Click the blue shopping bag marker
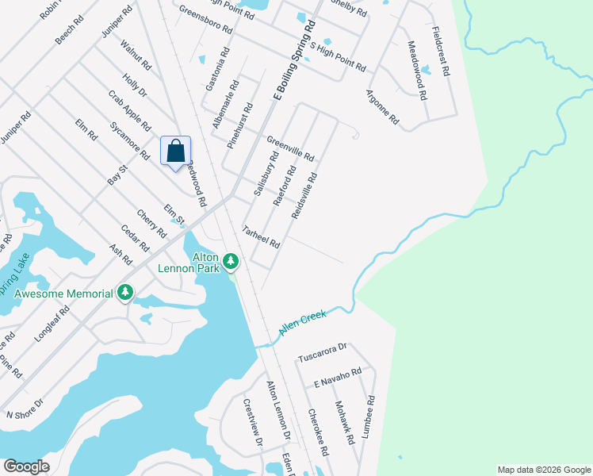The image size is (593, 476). click(x=176, y=152)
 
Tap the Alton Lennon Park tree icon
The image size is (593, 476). click(x=231, y=260)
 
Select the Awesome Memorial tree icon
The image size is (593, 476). click(x=124, y=294)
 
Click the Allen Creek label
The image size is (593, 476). click(x=302, y=323)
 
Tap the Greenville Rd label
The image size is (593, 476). click(x=290, y=145)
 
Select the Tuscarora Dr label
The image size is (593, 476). click(x=323, y=352)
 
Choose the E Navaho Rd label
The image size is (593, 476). click(x=337, y=378)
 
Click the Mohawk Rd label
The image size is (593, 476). click(x=342, y=415)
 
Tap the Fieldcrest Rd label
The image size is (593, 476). click(x=441, y=51)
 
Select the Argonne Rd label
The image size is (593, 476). click(x=382, y=109)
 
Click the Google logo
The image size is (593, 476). click(x=26, y=466)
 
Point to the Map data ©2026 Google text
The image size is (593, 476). click(x=544, y=470)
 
